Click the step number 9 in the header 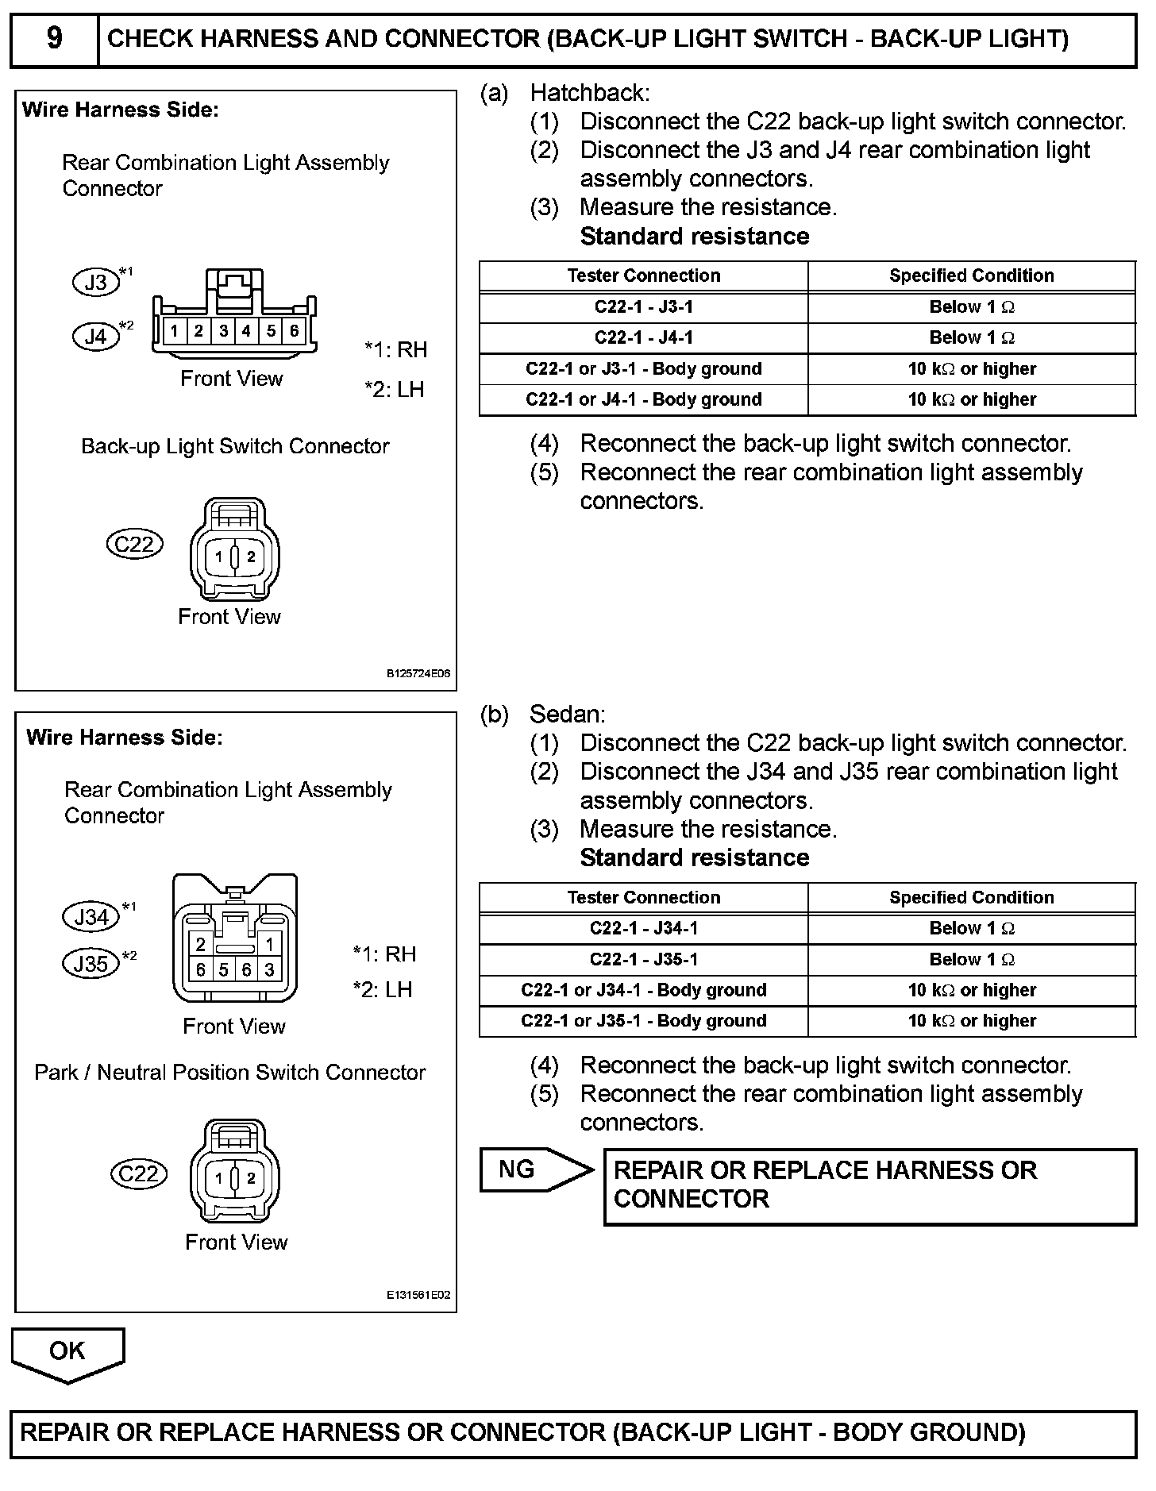(54, 38)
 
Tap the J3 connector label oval (95, 283)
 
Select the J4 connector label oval (95, 337)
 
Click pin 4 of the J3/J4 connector (246, 331)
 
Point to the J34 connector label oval (91, 917)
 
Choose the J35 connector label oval (91, 964)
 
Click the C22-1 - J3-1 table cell (643, 306)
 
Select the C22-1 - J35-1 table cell (643, 959)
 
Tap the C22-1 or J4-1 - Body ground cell (643, 399)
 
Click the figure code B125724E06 (418, 674)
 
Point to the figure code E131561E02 (418, 1295)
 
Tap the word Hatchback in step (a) (589, 93)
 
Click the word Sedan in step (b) (567, 715)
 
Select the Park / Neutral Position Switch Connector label (229, 1073)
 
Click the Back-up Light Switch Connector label (235, 446)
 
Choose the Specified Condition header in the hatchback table (971, 275)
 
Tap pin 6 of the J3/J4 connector (294, 331)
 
